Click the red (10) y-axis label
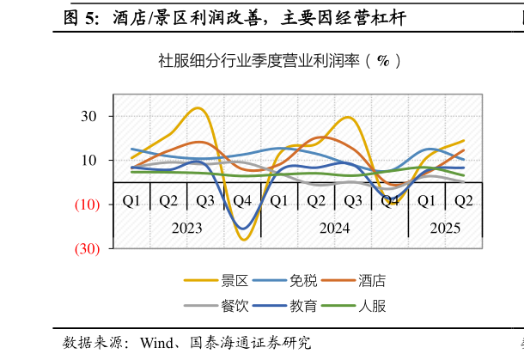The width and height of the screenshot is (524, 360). pyautogui.click(x=86, y=204)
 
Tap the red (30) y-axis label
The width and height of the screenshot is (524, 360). pyautogui.click(x=86, y=248)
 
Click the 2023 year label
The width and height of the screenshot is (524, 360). pyautogui.click(x=186, y=229)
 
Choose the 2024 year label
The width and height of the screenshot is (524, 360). pyautogui.click(x=334, y=229)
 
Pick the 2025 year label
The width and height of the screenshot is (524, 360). pyautogui.click(x=445, y=229)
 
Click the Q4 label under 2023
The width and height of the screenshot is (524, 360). pyautogui.click(x=242, y=201)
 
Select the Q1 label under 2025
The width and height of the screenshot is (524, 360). pyautogui.click(x=427, y=201)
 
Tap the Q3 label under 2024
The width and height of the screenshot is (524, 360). pyautogui.click(x=353, y=201)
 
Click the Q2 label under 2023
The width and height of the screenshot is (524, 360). pyautogui.click(x=168, y=201)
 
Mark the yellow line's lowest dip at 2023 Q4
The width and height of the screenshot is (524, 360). pyautogui.click(x=243, y=240)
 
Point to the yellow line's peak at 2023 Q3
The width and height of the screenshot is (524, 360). pyautogui.click(x=198, y=108)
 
